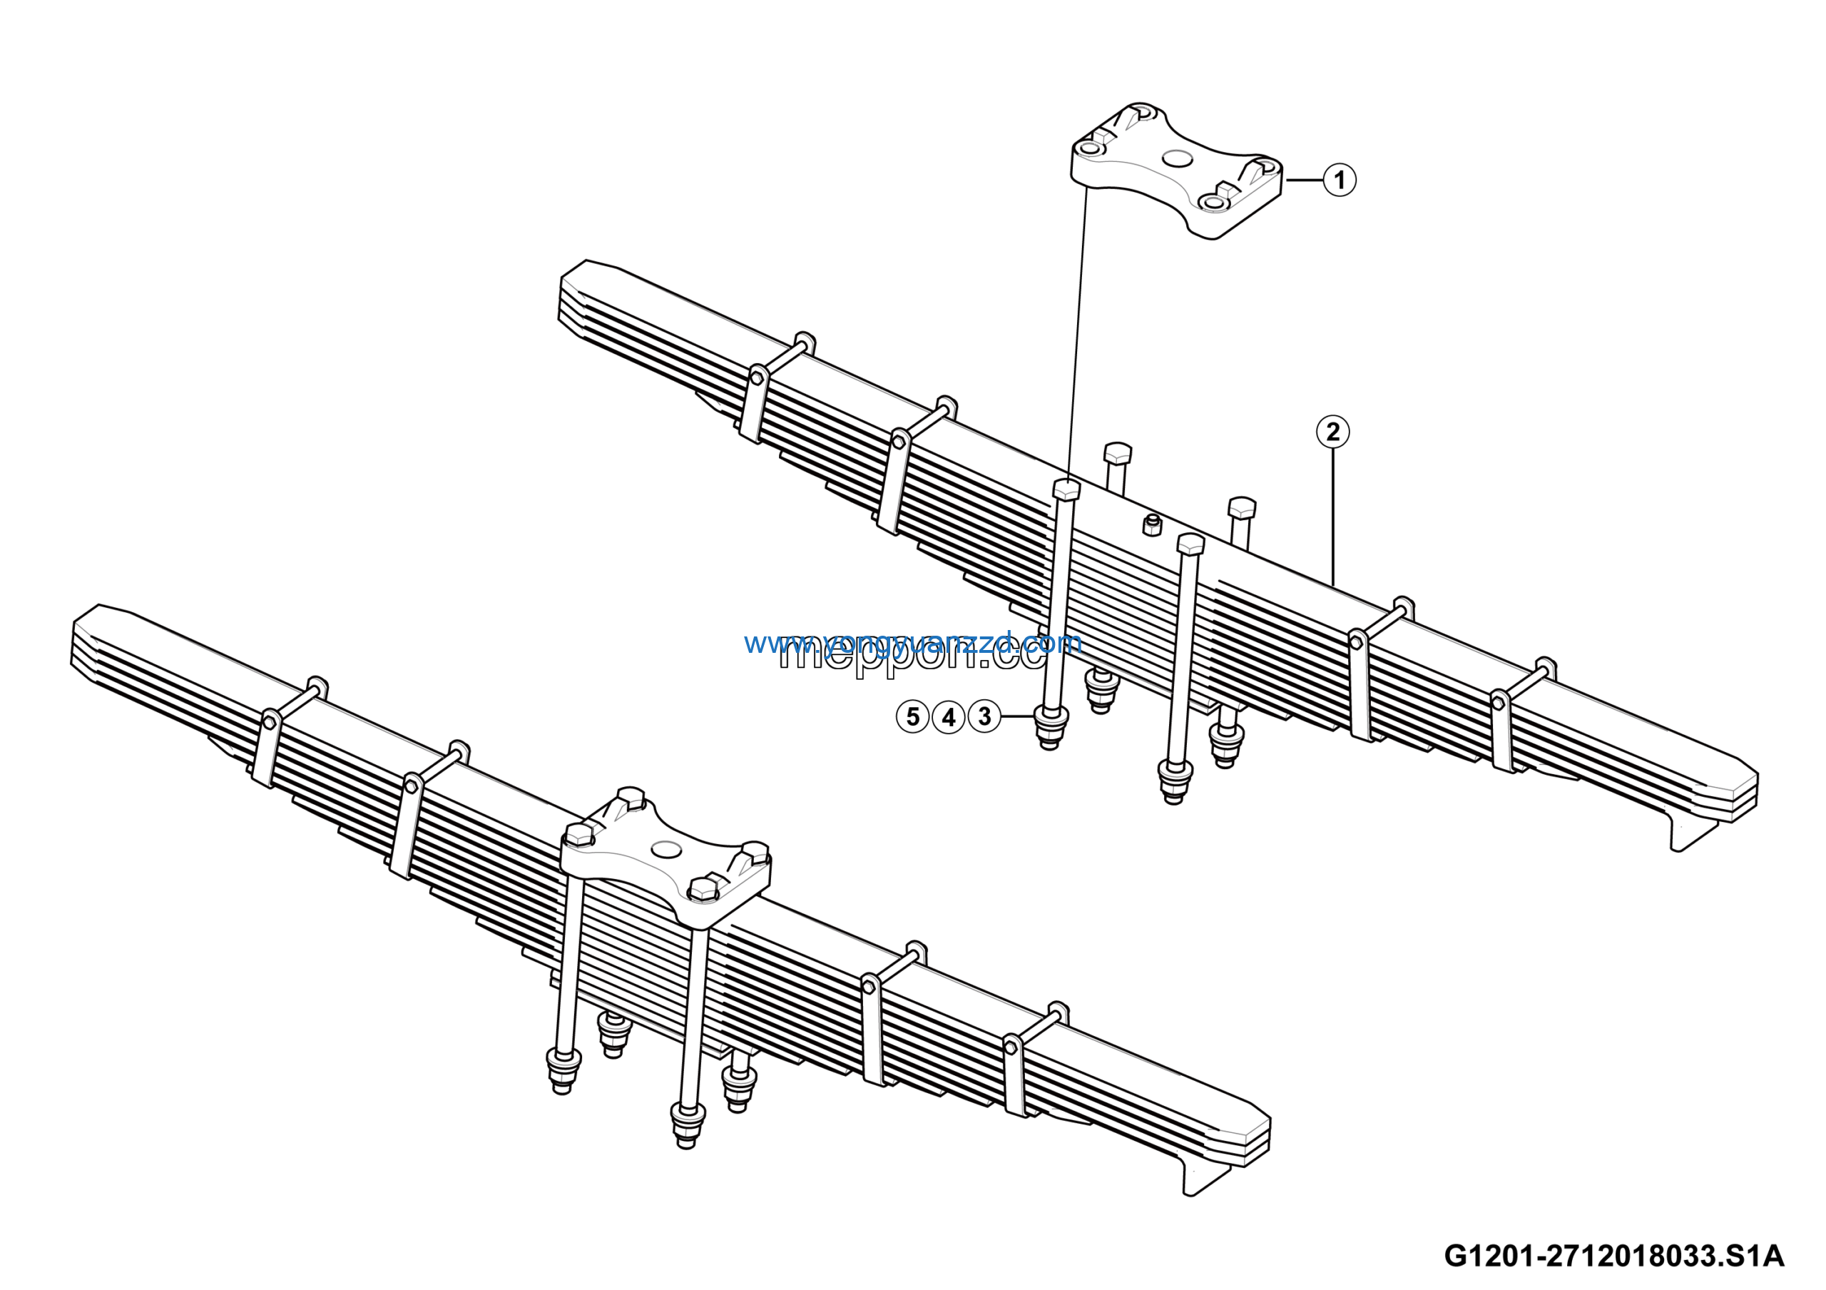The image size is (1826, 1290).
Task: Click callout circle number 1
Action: (1340, 179)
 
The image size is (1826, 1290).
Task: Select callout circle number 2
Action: (1333, 432)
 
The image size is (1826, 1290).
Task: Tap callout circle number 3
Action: (984, 716)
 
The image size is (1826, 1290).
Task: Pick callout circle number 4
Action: (948, 717)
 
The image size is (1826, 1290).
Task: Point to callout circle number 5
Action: (912, 716)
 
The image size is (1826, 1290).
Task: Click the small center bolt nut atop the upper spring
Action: (1151, 524)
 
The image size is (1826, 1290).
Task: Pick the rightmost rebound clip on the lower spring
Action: (1014, 1074)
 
